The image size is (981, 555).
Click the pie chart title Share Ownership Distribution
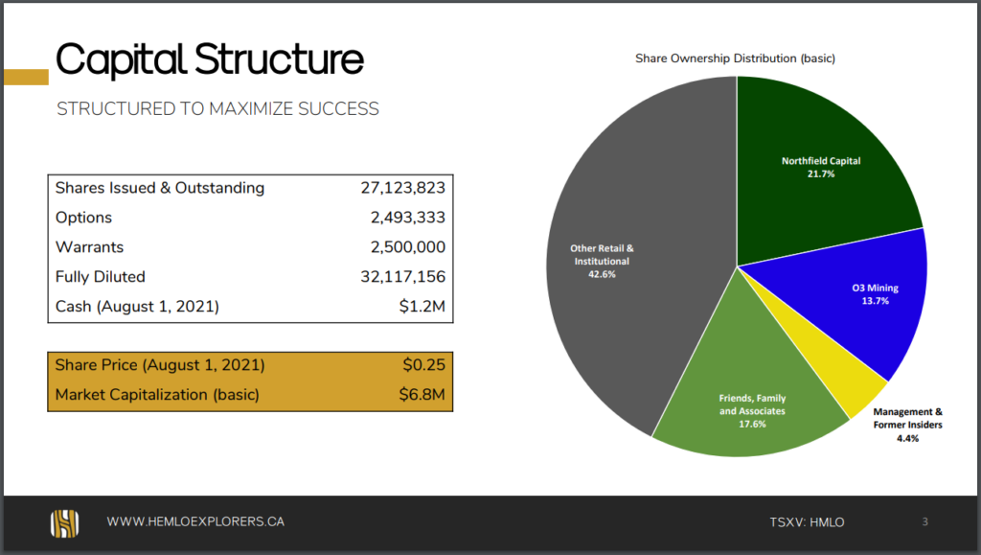pos(735,58)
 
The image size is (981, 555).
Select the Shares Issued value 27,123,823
pos(403,188)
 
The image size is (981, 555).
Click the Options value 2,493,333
pos(408,218)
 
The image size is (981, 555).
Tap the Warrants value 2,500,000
pos(408,247)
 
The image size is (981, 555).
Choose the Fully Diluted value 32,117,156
pos(403,277)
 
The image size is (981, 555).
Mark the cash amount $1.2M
pos(422,306)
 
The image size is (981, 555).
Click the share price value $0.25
pos(424,365)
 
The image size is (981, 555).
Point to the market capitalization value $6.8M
pos(422,395)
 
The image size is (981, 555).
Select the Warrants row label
pos(89,247)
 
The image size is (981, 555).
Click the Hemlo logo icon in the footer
pos(65,523)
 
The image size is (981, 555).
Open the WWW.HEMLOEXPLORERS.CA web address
pos(195,521)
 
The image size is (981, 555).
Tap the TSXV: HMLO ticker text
pos(807,522)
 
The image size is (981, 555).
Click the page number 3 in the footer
pos(924,521)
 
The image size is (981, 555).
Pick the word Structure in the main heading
pos(279,59)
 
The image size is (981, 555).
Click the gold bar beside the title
pos(26,77)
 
